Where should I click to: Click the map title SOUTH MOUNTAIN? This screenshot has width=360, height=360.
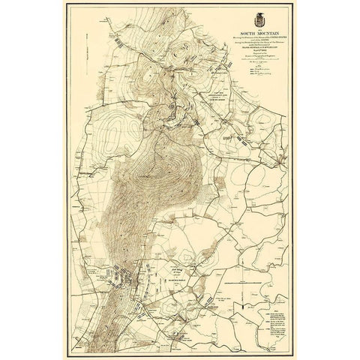pyautogui.click(x=259, y=34)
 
